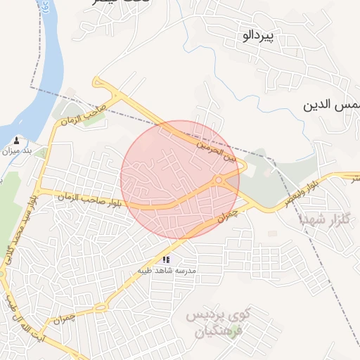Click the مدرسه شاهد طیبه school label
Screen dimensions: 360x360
click(169, 271)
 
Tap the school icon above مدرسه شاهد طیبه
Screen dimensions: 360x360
click(166, 259)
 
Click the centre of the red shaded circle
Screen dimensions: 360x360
click(180, 180)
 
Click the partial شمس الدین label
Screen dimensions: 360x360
click(330, 105)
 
